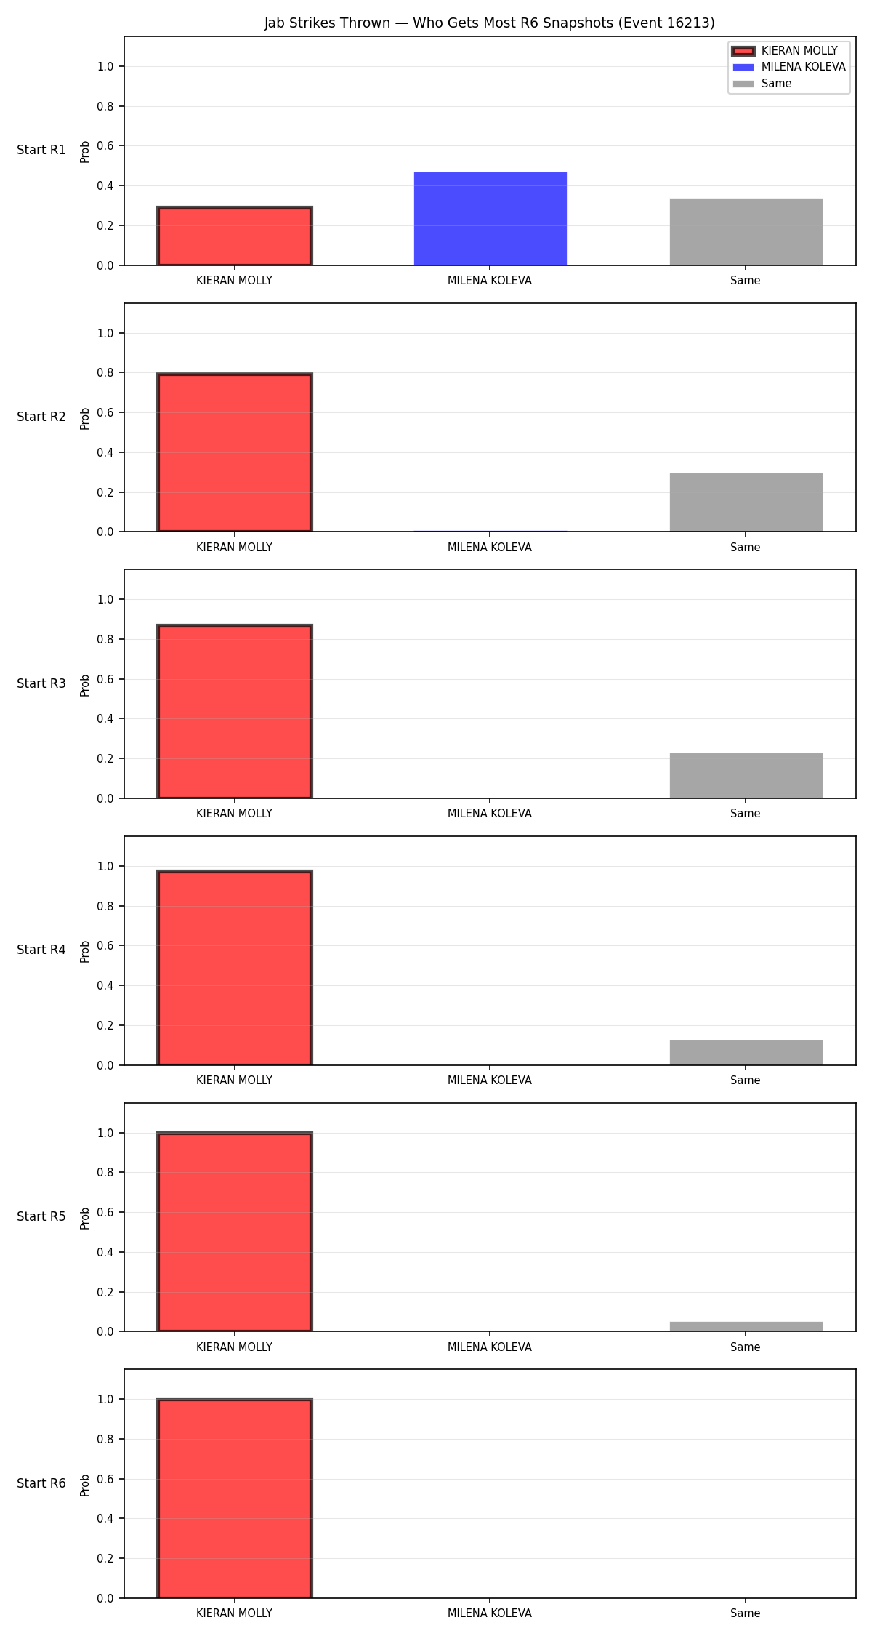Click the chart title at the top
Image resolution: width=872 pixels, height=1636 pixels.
pyautogui.click(x=489, y=23)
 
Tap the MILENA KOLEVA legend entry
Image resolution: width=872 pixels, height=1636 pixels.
pyautogui.click(x=789, y=67)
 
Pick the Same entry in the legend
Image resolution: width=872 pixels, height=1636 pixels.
pyautogui.click(x=762, y=84)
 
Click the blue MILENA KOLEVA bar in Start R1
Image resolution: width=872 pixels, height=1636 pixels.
pyautogui.click(x=490, y=219)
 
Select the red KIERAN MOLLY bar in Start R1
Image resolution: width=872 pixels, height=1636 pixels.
pyautogui.click(x=235, y=236)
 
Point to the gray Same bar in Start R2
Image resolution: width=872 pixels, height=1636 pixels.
pyautogui.click(x=746, y=502)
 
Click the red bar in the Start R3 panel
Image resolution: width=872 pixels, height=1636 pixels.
pyautogui.click(x=235, y=712)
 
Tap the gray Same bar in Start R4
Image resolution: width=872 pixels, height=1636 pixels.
pyautogui.click(x=746, y=1053)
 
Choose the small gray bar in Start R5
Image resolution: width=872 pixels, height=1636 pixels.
pyautogui.click(x=746, y=1326)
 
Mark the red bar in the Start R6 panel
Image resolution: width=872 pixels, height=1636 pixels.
pyautogui.click(x=235, y=1498)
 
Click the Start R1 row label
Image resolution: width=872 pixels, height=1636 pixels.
pyautogui.click(x=41, y=150)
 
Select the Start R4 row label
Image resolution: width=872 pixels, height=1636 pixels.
pyautogui.click(x=41, y=950)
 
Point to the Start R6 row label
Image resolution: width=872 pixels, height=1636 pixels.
pyautogui.click(x=41, y=1483)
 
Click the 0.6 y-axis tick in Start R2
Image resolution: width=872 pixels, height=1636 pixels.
pyautogui.click(x=106, y=412)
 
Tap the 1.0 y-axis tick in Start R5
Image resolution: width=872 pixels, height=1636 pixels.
pyautogui.click(x=106, y=1133)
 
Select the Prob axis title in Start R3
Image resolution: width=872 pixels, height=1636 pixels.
pyautogui.click(x=85, y=685)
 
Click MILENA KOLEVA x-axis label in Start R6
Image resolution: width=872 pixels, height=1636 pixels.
pyautogui.click(x=490, y=1613)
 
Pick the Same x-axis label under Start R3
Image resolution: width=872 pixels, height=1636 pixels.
pyautogui.click(x=746, y=813)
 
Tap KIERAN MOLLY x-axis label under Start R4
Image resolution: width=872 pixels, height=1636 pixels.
pyautogui.click(x=235, y=1080)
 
